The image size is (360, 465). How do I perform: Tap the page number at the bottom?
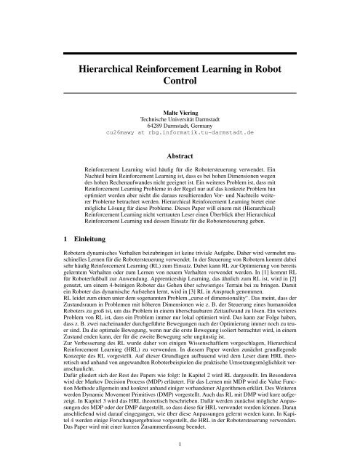pyautogui.click(x=179, y=440)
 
